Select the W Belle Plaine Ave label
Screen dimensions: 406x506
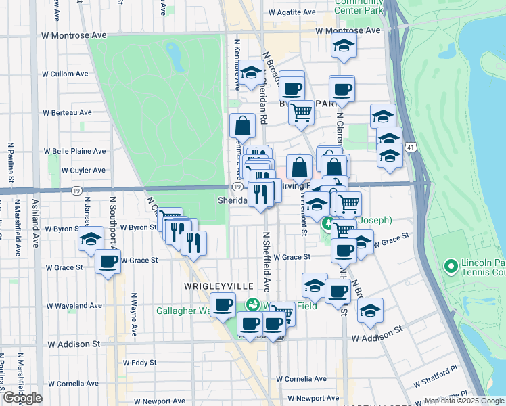pyautogui.click(x=75, y=152)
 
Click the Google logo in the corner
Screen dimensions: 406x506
pyautogui.click(x=22, y=398)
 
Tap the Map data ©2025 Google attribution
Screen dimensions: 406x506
pyautogui.click(x=463, y=401)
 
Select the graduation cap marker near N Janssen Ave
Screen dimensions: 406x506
pyautogui.click(x=90, y=238)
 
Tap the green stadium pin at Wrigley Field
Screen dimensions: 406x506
pyautogui.click(x=252, y=305)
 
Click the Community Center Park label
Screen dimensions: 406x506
pyautogui.click(x=359, y=6)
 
